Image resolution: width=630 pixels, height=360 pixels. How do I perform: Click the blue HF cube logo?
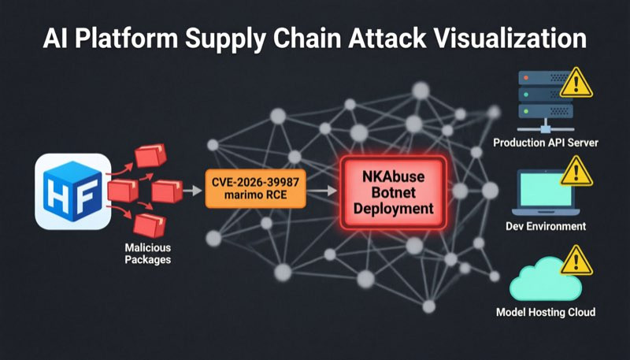72,191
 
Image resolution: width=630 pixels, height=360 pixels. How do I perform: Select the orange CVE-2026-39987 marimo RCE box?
255,188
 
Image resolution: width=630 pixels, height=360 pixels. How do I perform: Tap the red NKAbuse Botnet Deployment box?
393,193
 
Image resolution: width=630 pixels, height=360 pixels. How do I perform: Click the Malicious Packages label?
148,254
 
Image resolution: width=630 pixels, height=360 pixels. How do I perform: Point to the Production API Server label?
546,143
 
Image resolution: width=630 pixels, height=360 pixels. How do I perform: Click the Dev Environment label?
546,226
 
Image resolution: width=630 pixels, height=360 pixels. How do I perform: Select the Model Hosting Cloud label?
546,312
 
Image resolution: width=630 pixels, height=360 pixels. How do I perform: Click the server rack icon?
546,102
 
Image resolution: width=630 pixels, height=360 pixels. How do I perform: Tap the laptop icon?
546,192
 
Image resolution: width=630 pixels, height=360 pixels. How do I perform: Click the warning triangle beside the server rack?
576,83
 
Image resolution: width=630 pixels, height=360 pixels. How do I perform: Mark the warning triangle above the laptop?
576,172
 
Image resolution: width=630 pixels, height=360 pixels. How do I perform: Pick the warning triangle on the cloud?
576,261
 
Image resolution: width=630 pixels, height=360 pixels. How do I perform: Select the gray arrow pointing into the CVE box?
192,191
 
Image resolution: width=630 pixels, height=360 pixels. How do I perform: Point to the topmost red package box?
150,155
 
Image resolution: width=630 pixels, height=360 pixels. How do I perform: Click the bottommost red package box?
149,225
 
